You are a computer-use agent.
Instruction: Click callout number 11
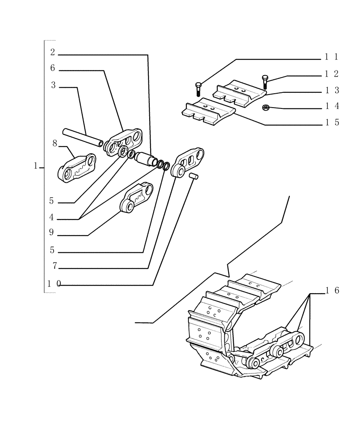[x=331, y=57]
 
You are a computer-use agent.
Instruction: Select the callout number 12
[x=331, y=74]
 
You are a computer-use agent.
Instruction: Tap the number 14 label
[x=331, y=106]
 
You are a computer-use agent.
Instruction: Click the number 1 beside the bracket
[x=36, y=166]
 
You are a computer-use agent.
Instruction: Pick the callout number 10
[x=54, y=284]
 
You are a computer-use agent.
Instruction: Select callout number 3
[x=53, y=85]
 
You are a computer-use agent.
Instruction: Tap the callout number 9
[x=52, y=233]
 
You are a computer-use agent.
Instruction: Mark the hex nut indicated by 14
[x=266, y=108]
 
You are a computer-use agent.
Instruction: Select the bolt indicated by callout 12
[x=264, y=81]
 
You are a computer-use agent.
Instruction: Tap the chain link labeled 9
[x=136, y=198]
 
